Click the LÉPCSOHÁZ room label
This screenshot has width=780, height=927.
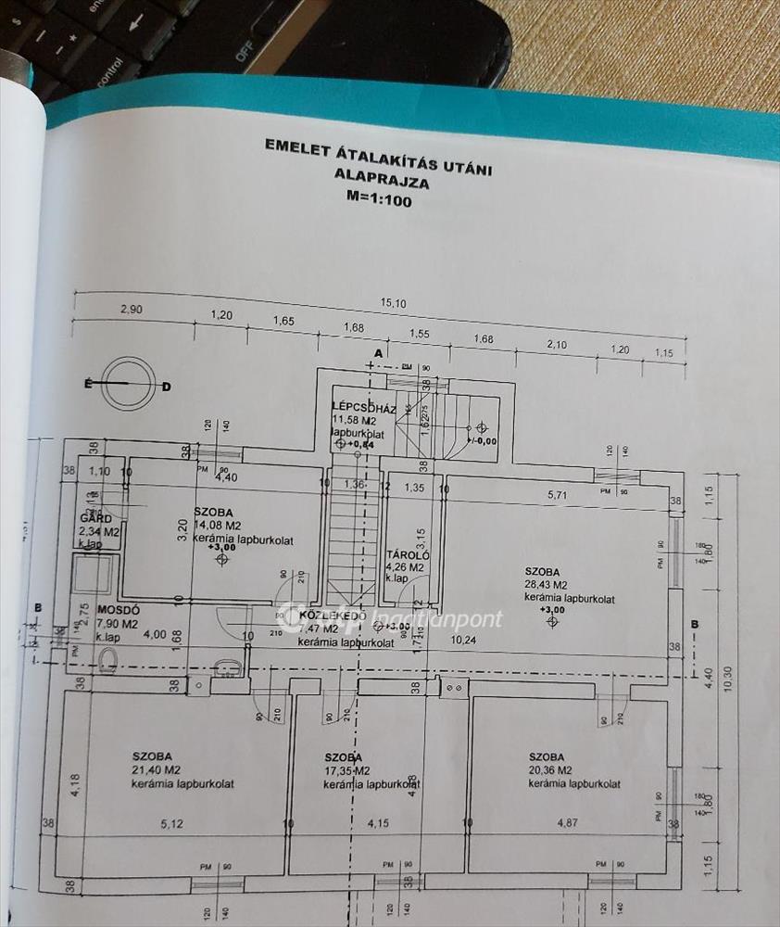pyautogui.click(x=364, y=408)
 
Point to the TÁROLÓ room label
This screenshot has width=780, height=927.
pyautogui.click(x=406, y=555)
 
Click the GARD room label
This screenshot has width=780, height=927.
pyautogui.click(x=96, y=519)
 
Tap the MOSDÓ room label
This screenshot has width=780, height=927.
pyautogui.click(x=118, y=611)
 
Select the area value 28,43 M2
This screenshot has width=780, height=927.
pyautogui.click(x=553, y=585)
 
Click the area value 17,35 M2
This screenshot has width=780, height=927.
pyautogui.click(x=347, y=770)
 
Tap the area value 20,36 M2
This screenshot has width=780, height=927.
pyautogui.click(x=553, y=770)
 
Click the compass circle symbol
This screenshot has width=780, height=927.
pyautogui.click(x=125, y=385)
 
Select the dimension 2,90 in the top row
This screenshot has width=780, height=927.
pyautogui.click(x=130, y=310)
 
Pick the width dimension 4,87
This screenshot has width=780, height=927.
pyautogui.click(x=567, y=821)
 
